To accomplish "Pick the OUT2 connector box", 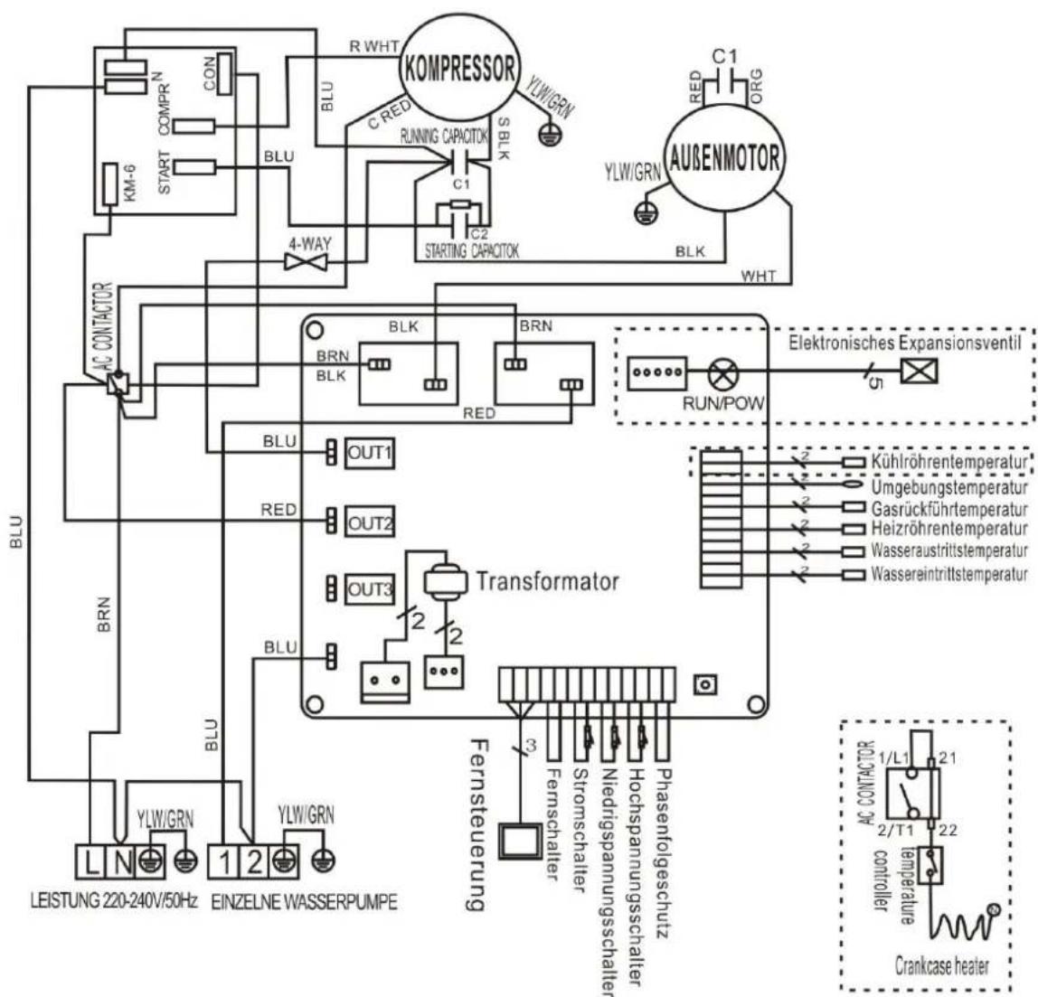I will pyautogui.click(x=370, y=522).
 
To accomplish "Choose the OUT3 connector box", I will pyautogui.click(x=370, y=590).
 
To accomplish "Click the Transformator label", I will pyautogui.click(x=547, y=580).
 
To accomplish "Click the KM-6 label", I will pyautogui.click(x=112, y=184).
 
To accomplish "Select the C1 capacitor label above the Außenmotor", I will pyautogui.click(x=725, y=56).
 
